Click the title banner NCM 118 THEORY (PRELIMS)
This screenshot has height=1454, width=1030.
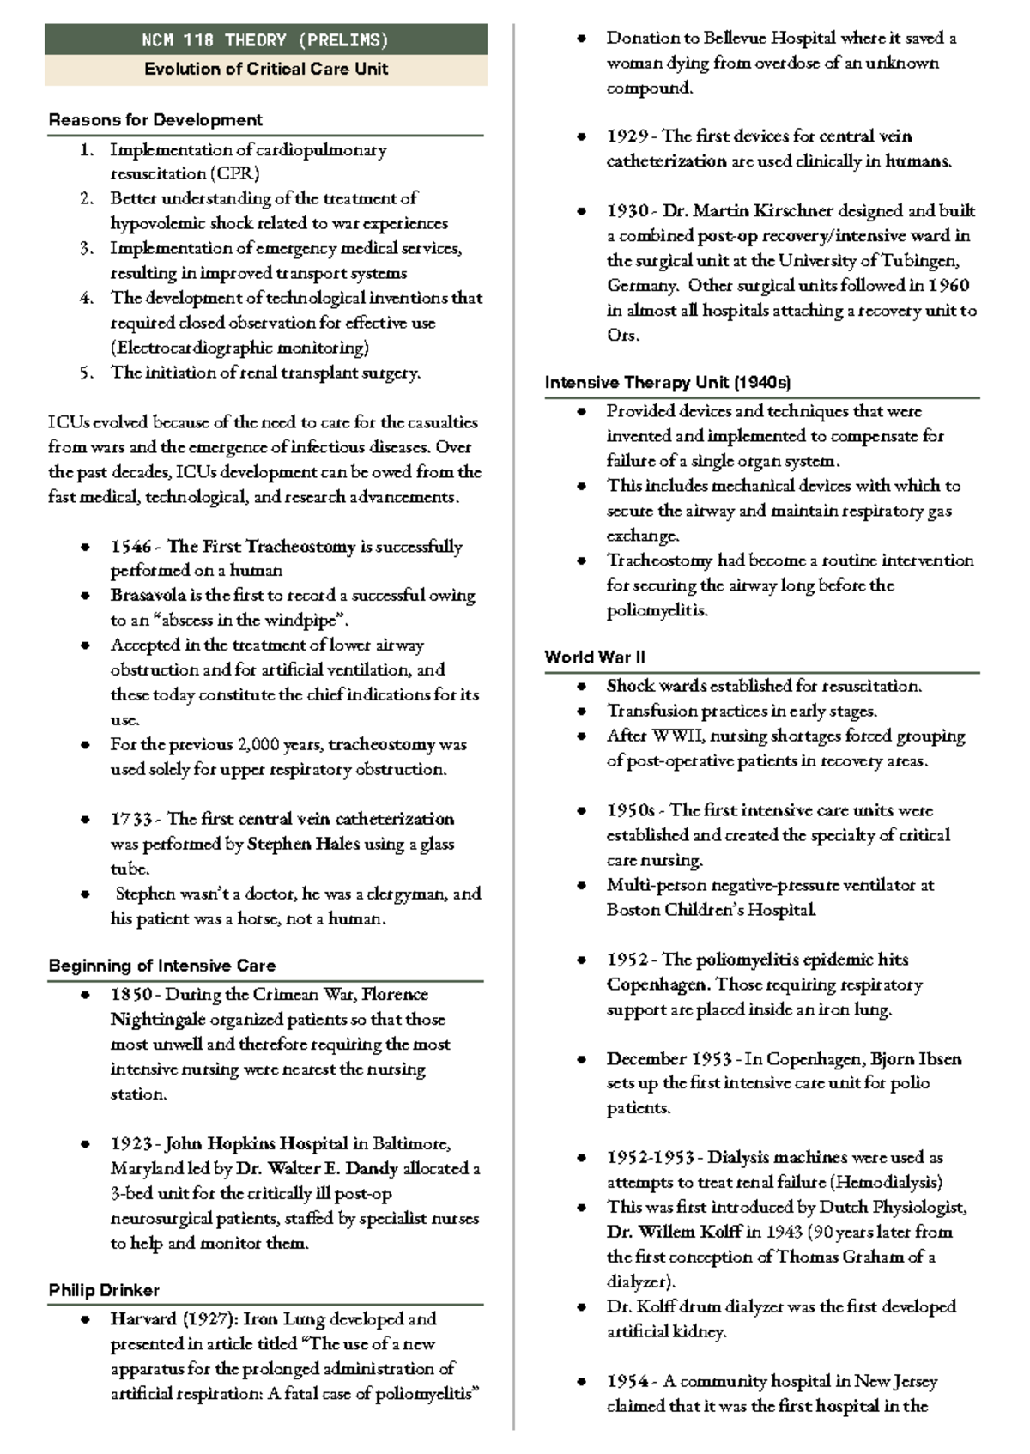(265, 40)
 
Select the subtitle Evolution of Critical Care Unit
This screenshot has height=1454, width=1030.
(265, 70)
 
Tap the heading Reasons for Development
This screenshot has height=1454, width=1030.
(155, 120)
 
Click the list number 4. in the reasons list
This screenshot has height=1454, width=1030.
(86, 299)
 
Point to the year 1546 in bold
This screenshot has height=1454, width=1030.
(130, 547)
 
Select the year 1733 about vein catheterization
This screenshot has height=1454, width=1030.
(130, 820)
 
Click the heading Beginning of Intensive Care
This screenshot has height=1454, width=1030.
(162, 966)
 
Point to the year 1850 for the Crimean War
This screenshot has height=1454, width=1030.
(130, 996)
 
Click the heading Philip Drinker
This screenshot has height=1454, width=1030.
(104, 1291)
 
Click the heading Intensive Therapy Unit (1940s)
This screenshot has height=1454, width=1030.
(667, 383)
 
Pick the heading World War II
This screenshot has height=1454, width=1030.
(594, 657)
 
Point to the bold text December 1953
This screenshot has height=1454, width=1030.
(669, 1059)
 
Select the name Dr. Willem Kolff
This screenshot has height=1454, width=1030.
(674, 1233)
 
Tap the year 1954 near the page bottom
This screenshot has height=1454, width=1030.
(627, 1382)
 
